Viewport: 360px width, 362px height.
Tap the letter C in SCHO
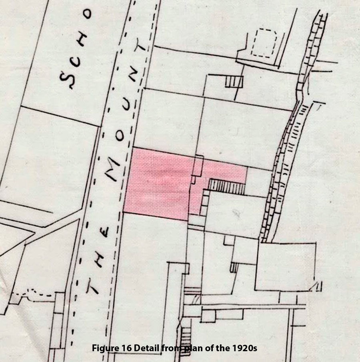76,58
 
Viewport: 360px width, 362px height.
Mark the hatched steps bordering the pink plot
227,186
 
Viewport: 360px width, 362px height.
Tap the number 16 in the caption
124,348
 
